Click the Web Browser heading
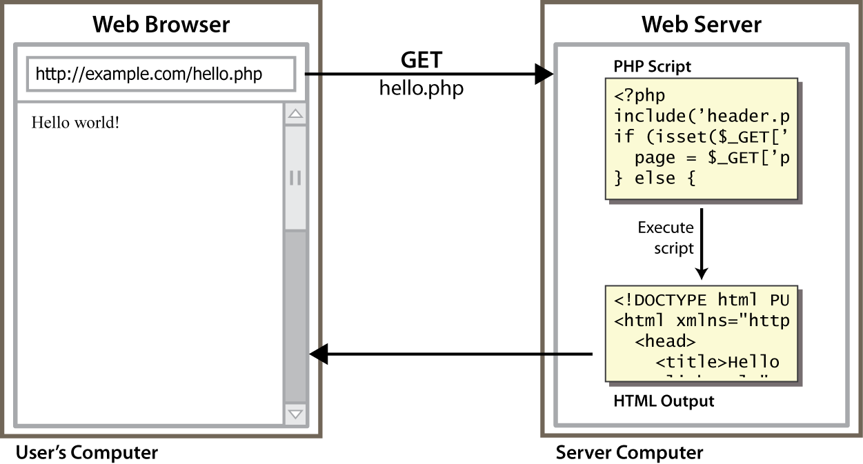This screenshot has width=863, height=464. [x=161, y=25]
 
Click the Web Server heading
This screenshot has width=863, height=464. [x=701, y=25]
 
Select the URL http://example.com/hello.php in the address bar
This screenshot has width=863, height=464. [x=148, y=74]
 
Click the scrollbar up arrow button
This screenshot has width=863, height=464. [x=296, y=114]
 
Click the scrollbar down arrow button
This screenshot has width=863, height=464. [x=296, y=414]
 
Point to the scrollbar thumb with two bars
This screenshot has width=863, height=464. [x=296, y=178]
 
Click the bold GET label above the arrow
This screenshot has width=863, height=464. [x=421, y=60]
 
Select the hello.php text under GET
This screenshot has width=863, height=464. [x=421, y=88]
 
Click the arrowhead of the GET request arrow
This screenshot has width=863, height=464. [x=545, y=74]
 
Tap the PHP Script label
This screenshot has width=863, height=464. [x=652, y=67]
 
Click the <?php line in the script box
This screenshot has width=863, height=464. [x=640, y=96]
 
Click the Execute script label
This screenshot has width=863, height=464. [x=666, y=237]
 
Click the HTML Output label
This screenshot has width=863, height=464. [x=663, y=401]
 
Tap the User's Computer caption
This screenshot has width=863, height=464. [x=87, y=453]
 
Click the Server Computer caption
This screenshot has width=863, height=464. [x=629, y=453]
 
